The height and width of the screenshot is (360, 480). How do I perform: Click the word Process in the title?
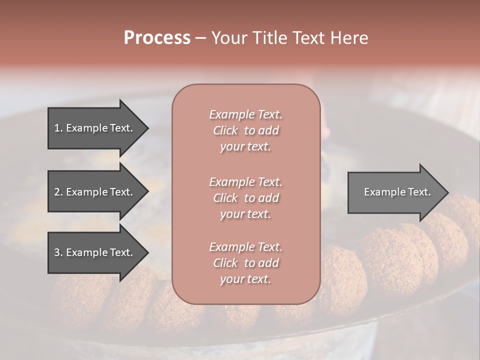coord(157,38)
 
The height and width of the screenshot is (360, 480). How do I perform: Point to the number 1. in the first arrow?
coord(58,128)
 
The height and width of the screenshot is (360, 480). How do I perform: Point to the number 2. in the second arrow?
coord(58,192)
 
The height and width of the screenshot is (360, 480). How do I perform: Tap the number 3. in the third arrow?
coord(58,252)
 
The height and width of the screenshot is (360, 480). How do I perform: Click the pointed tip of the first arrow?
coord(147,128)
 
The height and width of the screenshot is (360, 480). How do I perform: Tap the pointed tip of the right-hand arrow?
coord(447,192)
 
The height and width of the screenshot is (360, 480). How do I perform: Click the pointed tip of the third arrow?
coord(147,252)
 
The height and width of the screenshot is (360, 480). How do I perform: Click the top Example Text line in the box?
coord(245,114)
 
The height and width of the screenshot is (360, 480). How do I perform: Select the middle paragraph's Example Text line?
coord(245,181)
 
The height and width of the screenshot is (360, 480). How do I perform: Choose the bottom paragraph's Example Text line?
coord(245,247)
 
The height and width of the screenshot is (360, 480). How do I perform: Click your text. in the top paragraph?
coord(245,147)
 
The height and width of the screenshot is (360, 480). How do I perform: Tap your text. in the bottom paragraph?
coord(245,279)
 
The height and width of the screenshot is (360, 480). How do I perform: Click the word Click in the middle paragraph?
coord(225,198)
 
